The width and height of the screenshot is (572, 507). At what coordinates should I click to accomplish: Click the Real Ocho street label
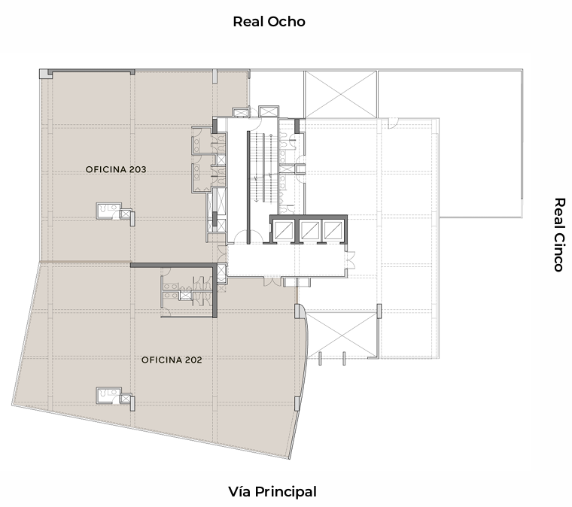tap(269, 22)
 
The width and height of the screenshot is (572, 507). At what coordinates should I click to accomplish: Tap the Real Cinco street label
tap(559, 235)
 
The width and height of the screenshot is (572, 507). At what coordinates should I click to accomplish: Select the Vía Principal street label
tap(272, 492)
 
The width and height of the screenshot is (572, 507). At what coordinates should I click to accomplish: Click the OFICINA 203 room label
tap(116, 169)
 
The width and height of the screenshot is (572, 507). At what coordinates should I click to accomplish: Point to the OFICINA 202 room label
tap(172, 360)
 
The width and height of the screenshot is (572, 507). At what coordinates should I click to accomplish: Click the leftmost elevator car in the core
tap(284, 230)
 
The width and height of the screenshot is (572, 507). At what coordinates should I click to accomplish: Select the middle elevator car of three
tap(309, 230)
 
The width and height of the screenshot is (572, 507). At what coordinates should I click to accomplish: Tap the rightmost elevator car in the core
tap(333, 230)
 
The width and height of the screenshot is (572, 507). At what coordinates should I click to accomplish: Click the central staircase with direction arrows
tap(262, 167)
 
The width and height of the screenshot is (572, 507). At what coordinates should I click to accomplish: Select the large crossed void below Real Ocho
tap(341, 94)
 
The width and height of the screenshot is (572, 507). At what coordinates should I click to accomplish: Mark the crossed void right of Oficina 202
tap(341, 335)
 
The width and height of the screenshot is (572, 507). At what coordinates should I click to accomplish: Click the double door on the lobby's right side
tap(351, 260)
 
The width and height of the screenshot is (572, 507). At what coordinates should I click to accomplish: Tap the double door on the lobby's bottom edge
tap(272, 281)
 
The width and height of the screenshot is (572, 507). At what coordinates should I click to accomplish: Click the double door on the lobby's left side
tap(222, 254)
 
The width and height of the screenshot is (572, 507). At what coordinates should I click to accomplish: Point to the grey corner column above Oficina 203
tap(44, 74)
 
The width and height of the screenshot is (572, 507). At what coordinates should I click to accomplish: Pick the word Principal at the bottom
tap(286, 492)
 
